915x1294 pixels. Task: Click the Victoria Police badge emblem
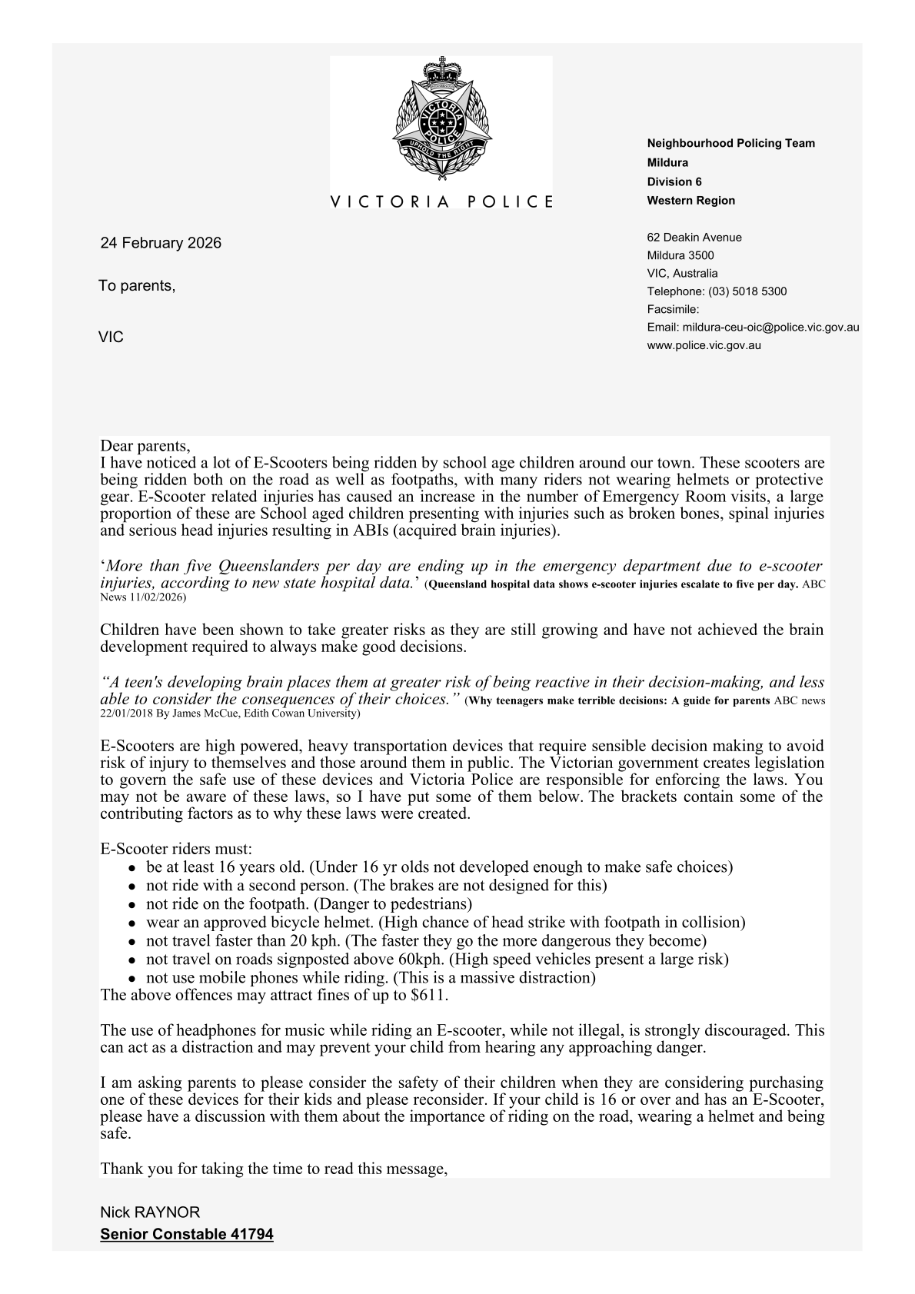[441, 120]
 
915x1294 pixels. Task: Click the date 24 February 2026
[161, 243]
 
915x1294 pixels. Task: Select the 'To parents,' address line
[137, 286]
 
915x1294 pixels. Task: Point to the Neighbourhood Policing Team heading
[730, 143]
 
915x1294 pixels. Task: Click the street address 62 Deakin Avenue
[694, 238]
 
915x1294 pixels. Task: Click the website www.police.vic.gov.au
[704, 345]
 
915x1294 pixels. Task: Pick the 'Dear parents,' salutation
[145, 446]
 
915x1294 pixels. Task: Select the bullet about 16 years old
[438, 867]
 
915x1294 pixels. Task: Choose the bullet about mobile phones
[371, 978]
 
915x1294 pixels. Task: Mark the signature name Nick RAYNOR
[150, 1213]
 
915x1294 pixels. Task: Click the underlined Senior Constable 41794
[187, 1235]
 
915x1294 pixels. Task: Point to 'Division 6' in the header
[674, 182]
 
